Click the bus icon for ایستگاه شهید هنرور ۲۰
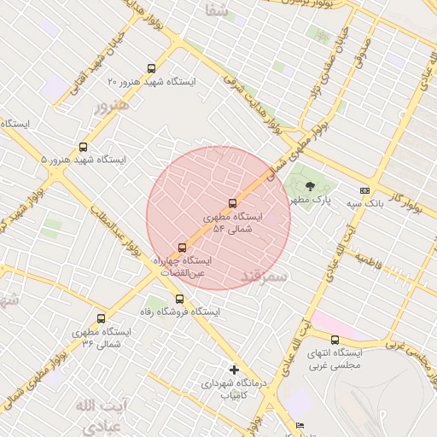(152, 68)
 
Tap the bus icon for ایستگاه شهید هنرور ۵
(83, 147)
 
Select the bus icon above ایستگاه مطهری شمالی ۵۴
(232, 203)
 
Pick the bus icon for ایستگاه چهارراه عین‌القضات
(181, 247)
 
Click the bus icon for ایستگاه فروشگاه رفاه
(179, 299)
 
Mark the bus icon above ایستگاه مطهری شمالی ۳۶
(102, 318)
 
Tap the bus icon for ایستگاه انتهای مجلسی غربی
(335, 340)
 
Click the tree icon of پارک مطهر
(321, 187)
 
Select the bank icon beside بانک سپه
(364, 190)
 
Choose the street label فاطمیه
(374, 258)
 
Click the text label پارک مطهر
(309, 200)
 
